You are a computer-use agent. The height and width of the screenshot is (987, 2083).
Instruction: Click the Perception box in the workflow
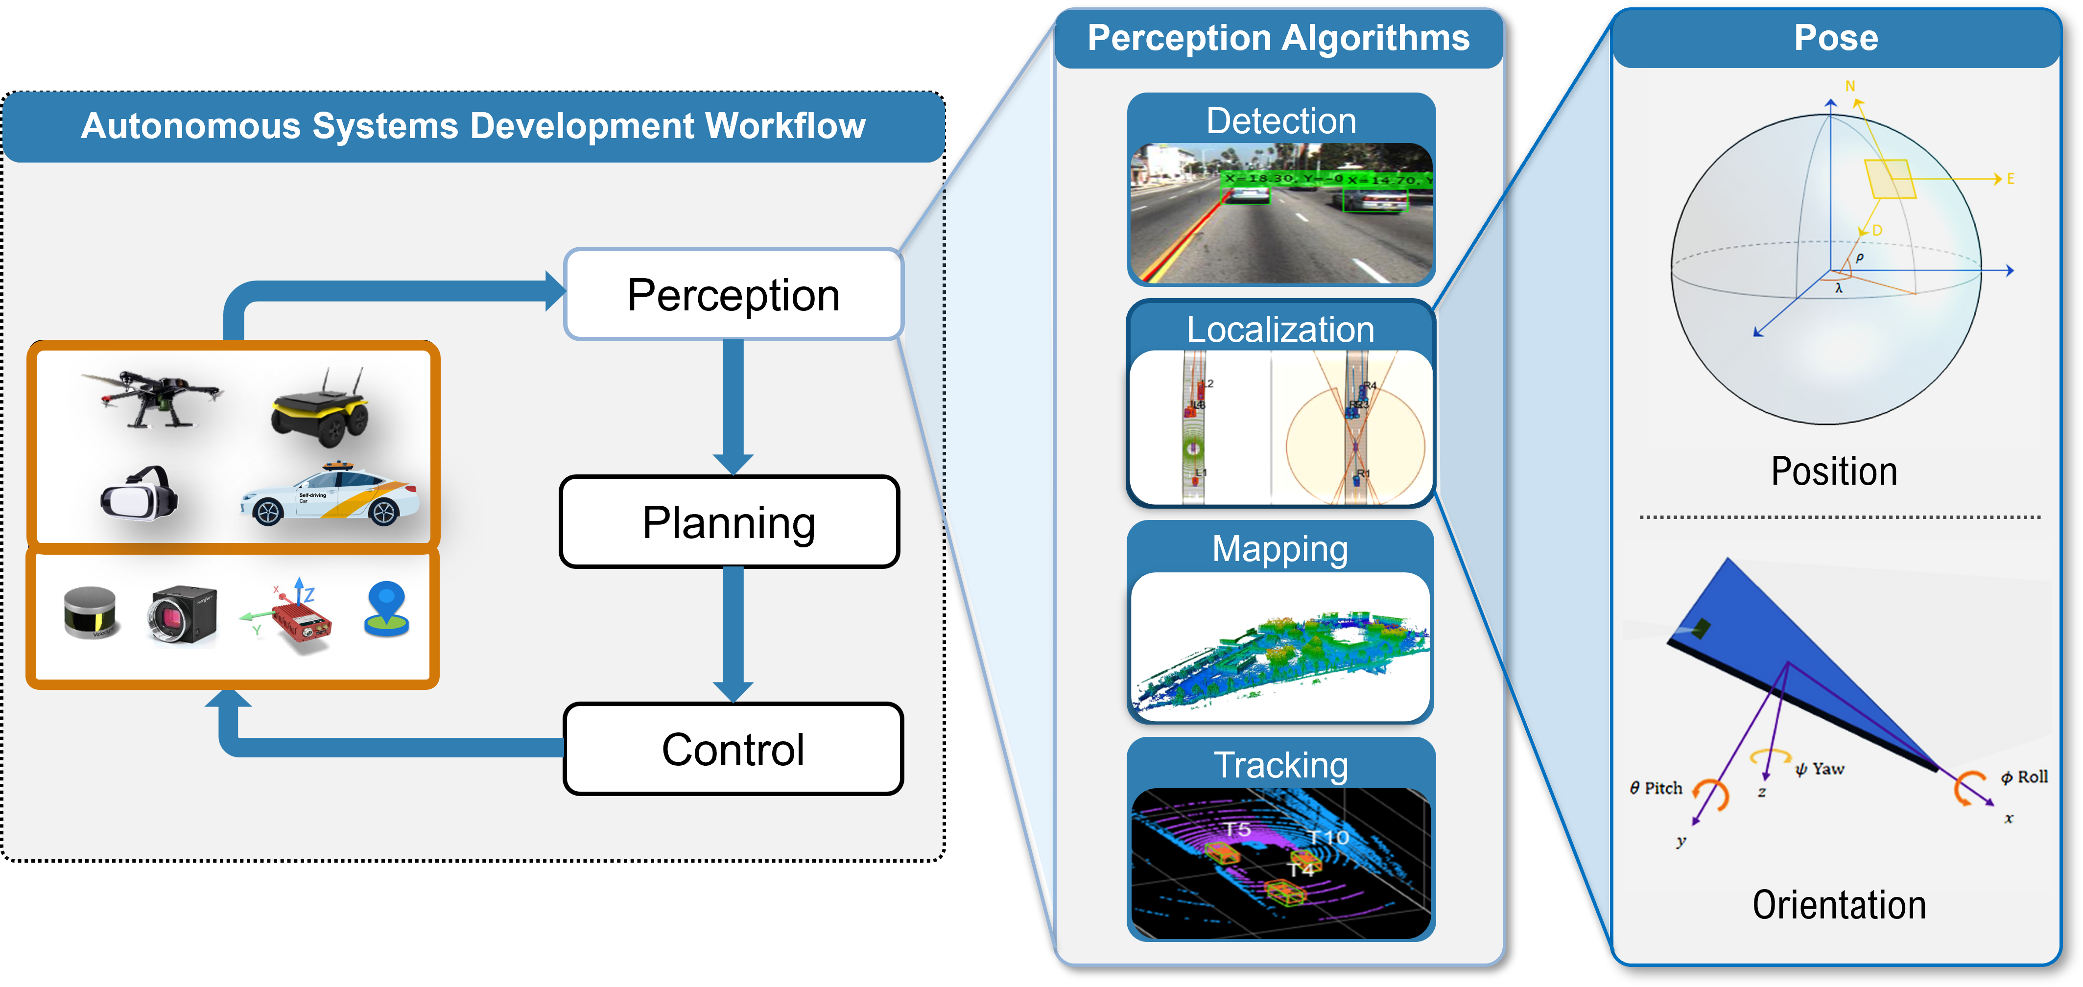click(x=733, y=294)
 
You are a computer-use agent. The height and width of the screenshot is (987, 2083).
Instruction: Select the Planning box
click(x=729, y=522)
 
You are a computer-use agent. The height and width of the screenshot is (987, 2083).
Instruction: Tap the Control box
click(x=733, y=750)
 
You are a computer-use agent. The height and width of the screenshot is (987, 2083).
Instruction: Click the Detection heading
click(x=1281, y=121)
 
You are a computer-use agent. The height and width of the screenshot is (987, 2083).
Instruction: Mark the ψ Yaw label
click(x=1820, y=769)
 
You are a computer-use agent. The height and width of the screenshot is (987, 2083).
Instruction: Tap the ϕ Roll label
click(x=2024, y=777)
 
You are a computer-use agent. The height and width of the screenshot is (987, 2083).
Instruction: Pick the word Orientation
click(x=1839, y=905)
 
